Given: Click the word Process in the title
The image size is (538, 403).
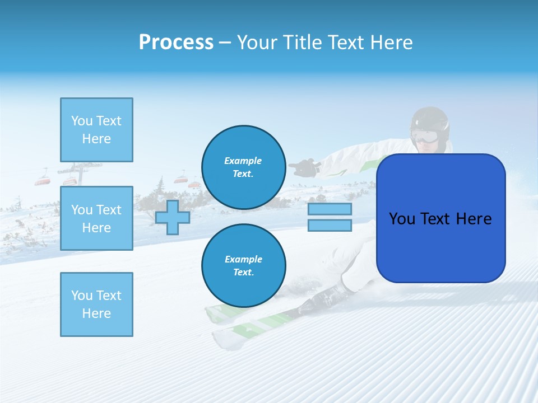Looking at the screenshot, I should coord(176,43).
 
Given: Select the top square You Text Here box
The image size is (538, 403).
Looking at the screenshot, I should coord(96,130).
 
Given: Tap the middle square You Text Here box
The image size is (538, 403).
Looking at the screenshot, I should coord(96,218).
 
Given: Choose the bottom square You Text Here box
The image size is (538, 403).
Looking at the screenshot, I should coord(96,304).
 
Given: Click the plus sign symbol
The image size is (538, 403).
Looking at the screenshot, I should coord(173,217).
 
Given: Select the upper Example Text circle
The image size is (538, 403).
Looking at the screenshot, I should coord(243,167).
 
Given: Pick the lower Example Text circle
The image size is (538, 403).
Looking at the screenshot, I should coord(243,266).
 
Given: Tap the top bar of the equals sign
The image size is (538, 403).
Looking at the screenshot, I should coord(330,209).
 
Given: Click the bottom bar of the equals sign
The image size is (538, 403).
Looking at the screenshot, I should coord(330,225).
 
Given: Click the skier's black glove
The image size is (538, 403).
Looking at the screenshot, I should coord(304,167).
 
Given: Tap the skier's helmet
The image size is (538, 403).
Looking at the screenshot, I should coord(430,119).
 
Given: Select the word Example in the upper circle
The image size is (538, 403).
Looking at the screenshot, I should coord(243,161).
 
